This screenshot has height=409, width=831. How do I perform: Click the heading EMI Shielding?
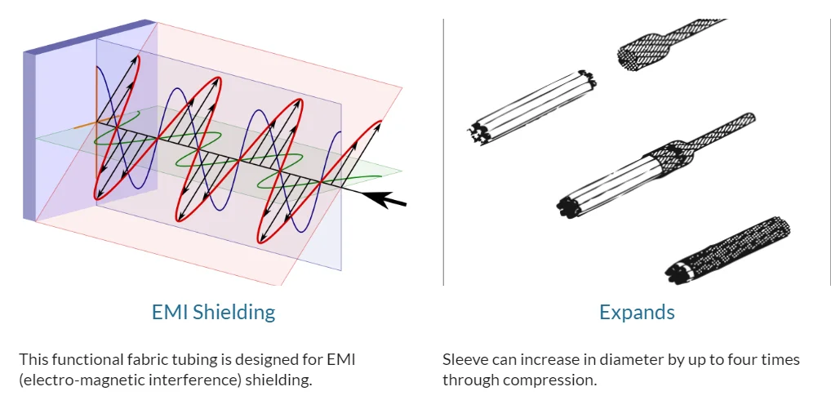tap(213, 312)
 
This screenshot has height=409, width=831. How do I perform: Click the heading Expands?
tap(637, 312)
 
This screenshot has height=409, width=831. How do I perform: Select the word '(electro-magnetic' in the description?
tap(71, 380)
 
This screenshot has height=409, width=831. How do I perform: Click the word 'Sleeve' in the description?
tap(463, 360)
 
